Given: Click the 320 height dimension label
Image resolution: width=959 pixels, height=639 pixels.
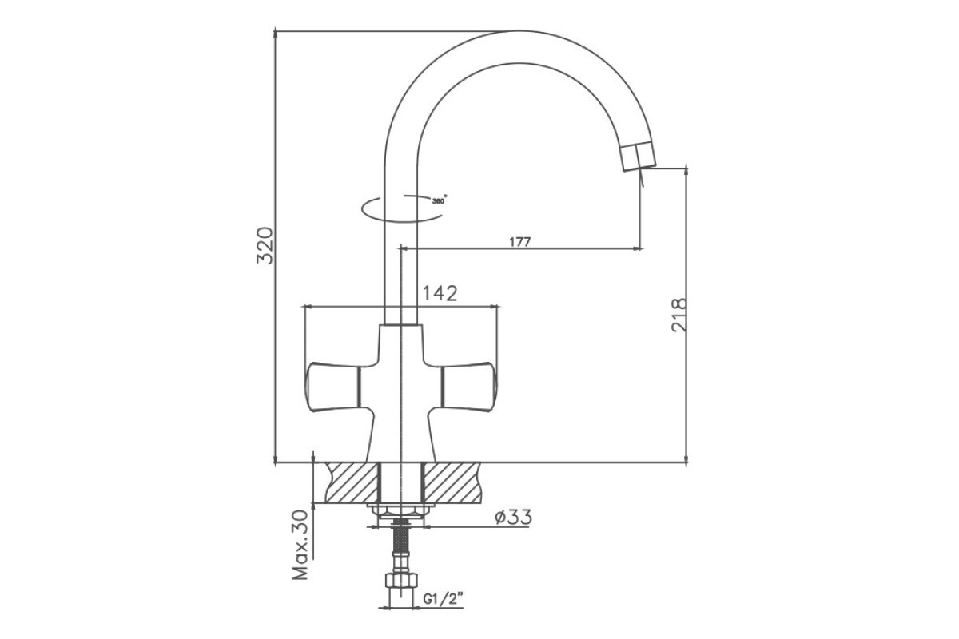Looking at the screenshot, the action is point(265,246).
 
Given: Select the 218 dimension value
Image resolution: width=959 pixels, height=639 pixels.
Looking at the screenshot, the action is point(679,315).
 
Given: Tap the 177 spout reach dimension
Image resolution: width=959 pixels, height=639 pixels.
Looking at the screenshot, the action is point(520,242).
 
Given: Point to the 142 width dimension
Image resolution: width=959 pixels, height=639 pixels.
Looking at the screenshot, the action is point(440,293).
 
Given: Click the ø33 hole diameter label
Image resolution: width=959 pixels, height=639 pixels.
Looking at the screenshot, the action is point(514,517).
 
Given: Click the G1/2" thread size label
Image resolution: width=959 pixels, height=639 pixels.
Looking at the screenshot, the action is point(444,599).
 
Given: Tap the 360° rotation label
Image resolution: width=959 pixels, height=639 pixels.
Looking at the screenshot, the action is point(440,200).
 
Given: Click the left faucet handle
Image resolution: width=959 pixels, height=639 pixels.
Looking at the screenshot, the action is point(333,387).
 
